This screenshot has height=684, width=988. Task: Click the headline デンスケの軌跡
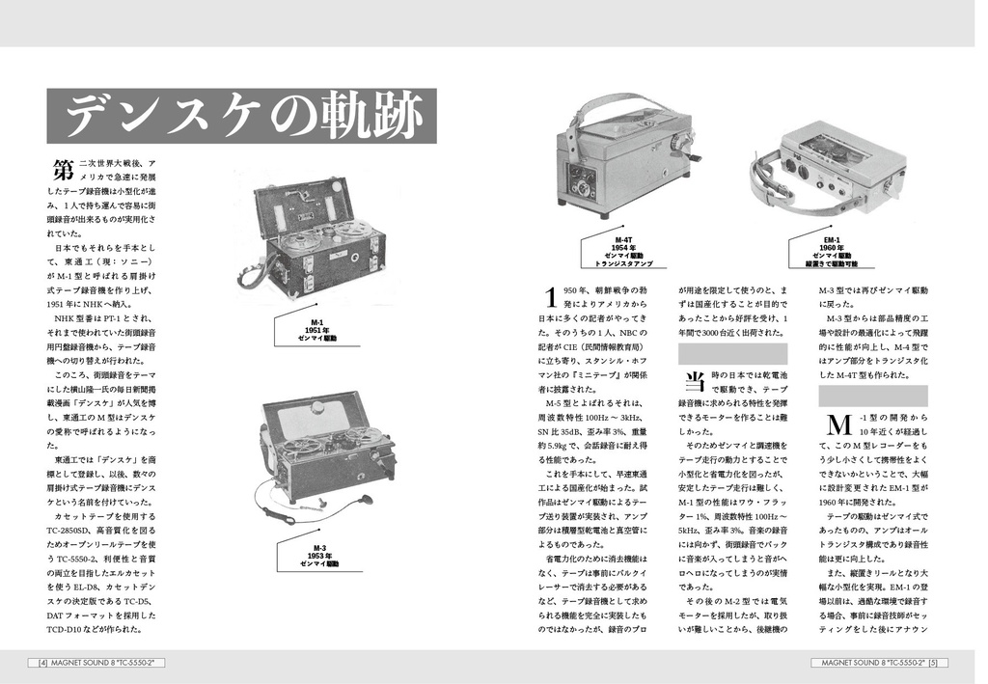coord(242,117)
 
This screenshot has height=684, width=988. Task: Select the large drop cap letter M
coord(837,425)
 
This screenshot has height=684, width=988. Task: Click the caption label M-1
coord(316,322)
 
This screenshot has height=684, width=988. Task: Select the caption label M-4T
coord(622,239)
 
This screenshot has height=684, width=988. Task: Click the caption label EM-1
coord(831,239)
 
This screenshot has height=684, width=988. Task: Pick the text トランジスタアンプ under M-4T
coord(622,262)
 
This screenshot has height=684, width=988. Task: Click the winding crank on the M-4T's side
coord(688,150)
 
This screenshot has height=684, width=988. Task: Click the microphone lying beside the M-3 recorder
coord(365,500)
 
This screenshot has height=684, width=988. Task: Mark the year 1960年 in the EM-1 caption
coord(831,247)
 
